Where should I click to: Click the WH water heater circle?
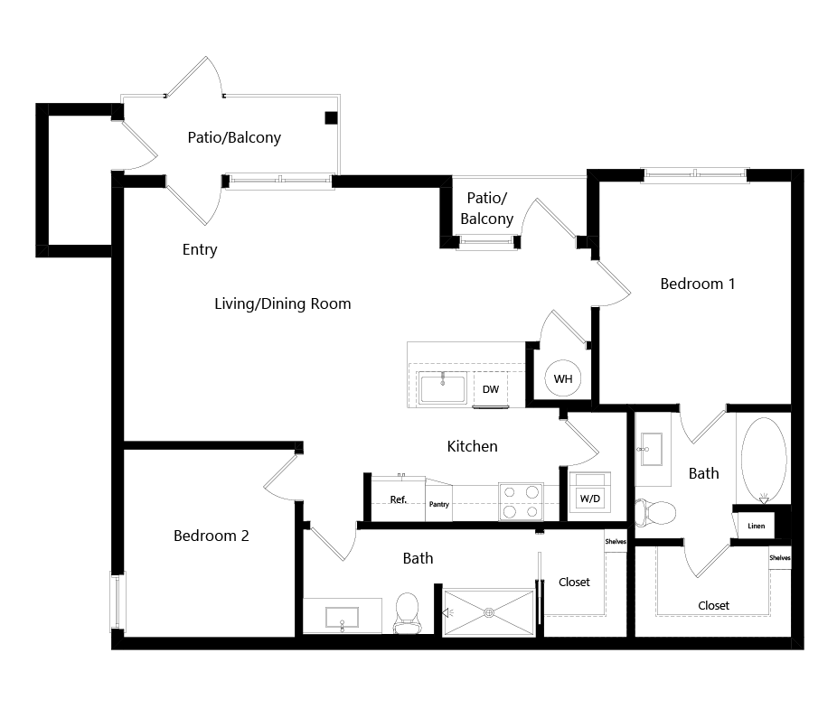point(562,378)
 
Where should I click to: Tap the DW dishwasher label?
point(491,389)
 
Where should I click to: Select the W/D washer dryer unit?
point(590,497)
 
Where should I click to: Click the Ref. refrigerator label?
point(399,499)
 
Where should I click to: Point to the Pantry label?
point(438,504)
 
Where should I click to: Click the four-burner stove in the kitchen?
point(521,502)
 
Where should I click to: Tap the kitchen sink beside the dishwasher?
point(443,387)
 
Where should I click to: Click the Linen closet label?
point(756,526)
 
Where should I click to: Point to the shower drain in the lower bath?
point(488,613)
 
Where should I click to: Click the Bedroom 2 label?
point(212,536)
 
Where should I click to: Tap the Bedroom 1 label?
point(698,284)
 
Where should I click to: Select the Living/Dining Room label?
point(283,304)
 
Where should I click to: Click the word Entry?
point(200,249)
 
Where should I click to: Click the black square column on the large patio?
point(331,118)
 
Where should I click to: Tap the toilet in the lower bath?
point(407,613)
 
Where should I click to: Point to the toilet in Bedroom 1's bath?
point(656,513)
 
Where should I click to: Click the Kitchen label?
point(473,446)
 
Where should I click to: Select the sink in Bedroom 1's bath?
point(650,449)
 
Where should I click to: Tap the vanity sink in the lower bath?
point(343,618)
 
